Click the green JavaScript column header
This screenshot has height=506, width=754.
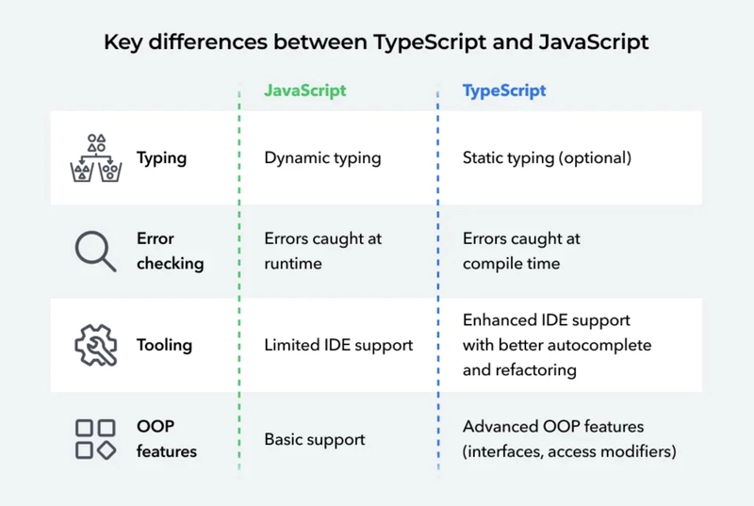pos(304,90)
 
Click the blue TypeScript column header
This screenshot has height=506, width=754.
pos(504,90)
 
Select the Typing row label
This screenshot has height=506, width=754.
pos(161,158)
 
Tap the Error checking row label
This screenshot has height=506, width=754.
pos(171,251)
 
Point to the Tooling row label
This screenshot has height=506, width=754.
pos(164,345)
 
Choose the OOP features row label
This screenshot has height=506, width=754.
pos(167,439)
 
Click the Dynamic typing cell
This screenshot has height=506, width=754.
pos(322,158)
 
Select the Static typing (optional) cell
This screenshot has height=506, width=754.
pos(547,158)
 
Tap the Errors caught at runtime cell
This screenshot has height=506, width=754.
pos(322,251)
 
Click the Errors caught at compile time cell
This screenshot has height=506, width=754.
pos(521,251)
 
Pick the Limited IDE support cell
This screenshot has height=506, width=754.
pos(338,345)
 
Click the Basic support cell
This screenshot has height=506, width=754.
pos(315,439)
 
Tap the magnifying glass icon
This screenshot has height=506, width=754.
pos(95,252)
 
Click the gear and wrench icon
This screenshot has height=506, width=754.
pos(96,345)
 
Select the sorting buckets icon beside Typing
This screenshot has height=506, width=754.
pos(96,158)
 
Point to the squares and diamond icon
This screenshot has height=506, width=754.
pos(96,439)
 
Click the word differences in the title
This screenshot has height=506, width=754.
pos(207,41)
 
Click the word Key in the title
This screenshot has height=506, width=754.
pos(123,42)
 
